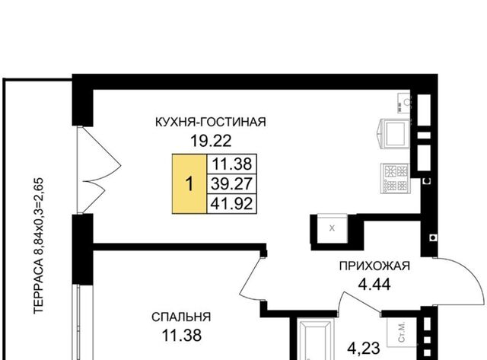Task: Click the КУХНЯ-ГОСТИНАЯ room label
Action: click(x=211, y=122)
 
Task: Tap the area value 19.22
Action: click(x=211, y=141)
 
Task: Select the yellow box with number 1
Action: click(x=189, y=184)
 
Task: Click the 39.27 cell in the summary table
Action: click(x=231, y=184)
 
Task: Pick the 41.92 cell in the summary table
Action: click(x=231, y=204)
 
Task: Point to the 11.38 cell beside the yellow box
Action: click(x=231, y=164)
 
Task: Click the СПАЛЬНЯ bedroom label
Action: click(x=181, y=317)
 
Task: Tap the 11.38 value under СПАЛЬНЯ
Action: click(x=182, y=336)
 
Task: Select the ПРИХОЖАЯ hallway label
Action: click(x=374, y=266)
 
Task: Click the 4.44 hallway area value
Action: click(x=374, y=284)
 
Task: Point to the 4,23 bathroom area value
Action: click(x=364, y=349)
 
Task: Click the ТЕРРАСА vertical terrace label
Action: click(x=39, y=245)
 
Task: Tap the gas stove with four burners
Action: click(x=395, y=178)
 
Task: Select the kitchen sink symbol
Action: click(x=393, y=133)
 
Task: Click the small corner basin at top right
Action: click(x=404, y=103)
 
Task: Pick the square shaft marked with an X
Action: click(x=332, y=228)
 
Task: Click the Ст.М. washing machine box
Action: click(x=402, y=333)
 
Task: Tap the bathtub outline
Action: click(x=315, y=339)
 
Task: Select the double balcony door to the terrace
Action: click(x=99, y=170)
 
